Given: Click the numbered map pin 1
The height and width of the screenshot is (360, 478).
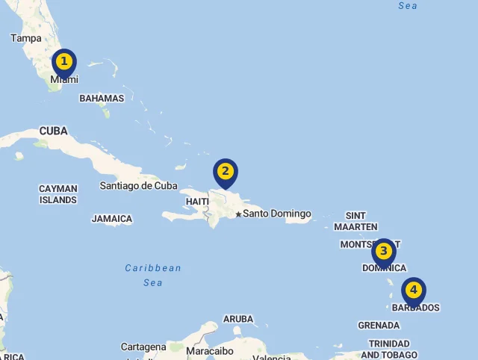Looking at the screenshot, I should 64,62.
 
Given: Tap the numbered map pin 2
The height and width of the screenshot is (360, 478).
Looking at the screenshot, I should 225,173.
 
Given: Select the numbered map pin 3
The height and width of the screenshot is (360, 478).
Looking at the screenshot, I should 383,252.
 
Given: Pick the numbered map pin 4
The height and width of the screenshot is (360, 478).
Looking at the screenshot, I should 413,291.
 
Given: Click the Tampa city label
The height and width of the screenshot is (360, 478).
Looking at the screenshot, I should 25,38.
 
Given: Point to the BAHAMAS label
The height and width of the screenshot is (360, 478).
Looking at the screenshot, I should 102,98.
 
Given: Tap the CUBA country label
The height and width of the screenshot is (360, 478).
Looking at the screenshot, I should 53,131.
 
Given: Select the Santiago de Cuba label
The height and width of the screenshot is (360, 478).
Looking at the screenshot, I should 139,186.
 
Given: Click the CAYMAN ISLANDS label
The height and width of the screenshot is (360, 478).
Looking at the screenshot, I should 58,194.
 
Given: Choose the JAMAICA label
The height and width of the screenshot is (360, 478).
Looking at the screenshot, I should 112,219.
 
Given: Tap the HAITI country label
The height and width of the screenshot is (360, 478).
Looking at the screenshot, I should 197,202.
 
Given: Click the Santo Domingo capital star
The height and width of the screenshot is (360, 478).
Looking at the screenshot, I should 238,214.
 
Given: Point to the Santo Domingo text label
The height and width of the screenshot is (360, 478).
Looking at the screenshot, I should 277,214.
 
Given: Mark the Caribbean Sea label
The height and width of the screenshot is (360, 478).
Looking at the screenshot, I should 153,275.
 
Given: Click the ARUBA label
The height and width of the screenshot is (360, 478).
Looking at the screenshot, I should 238,319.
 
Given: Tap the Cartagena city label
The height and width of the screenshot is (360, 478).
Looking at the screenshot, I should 143,347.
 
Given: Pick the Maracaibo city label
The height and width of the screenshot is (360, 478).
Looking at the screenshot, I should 210,350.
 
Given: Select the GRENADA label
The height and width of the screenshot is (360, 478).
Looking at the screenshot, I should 379,326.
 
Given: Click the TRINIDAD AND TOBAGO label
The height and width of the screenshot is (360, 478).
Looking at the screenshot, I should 389,349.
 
